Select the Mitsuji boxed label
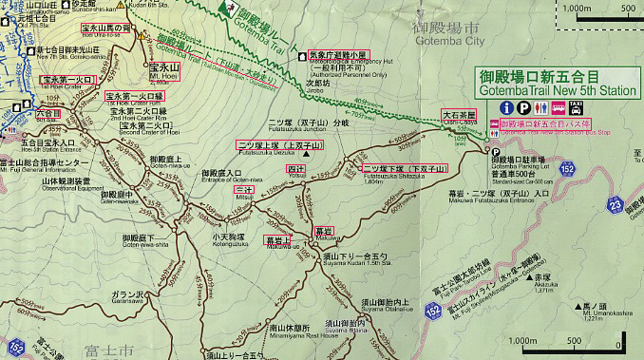click(x=244, y=190)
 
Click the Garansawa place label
click(x=125, y=272)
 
